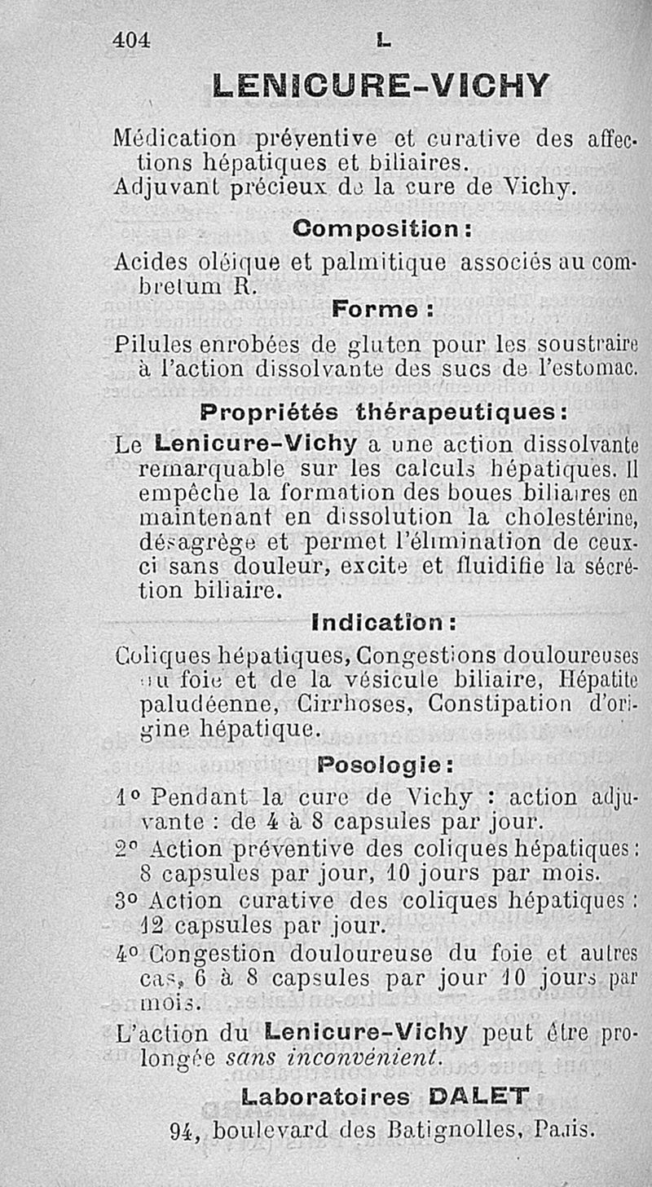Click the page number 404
click(132, 38)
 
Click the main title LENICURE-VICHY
click(380, 85)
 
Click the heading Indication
click(384, 624)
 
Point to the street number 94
click(184, 1131)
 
